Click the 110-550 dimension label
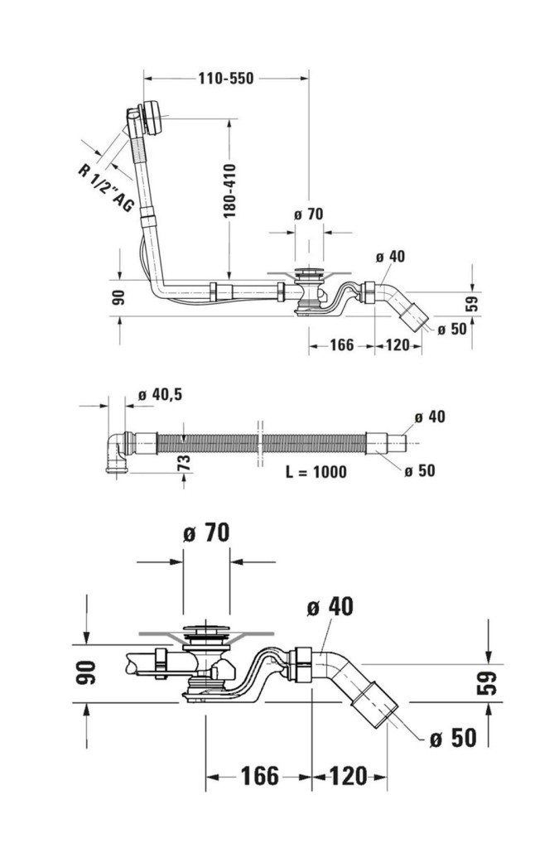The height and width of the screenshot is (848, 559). click(x=225, y=79)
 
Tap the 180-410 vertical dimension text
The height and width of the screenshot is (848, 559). click(x=231, y=190)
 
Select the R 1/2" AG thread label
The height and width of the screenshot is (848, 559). click(x=105, y=189)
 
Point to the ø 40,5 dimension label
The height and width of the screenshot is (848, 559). click(x=160, y=395)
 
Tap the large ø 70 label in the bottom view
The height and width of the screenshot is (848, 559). click(x=205, y=534)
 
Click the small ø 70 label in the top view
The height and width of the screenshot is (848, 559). click(x=308, y=214)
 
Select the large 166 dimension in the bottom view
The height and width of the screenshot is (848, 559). click(x=259, y=776)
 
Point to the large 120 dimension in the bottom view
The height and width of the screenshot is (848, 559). click(x=347, y=776)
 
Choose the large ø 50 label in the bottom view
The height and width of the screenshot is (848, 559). click(x=453, y=737)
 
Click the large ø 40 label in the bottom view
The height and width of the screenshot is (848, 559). click(x=329, y=605)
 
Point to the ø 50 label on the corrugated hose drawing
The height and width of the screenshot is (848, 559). click(x=420, y=470)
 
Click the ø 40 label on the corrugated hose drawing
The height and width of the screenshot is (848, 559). click(x=430, y=416)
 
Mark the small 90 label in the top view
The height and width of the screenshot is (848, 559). click(x=118, y=296)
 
